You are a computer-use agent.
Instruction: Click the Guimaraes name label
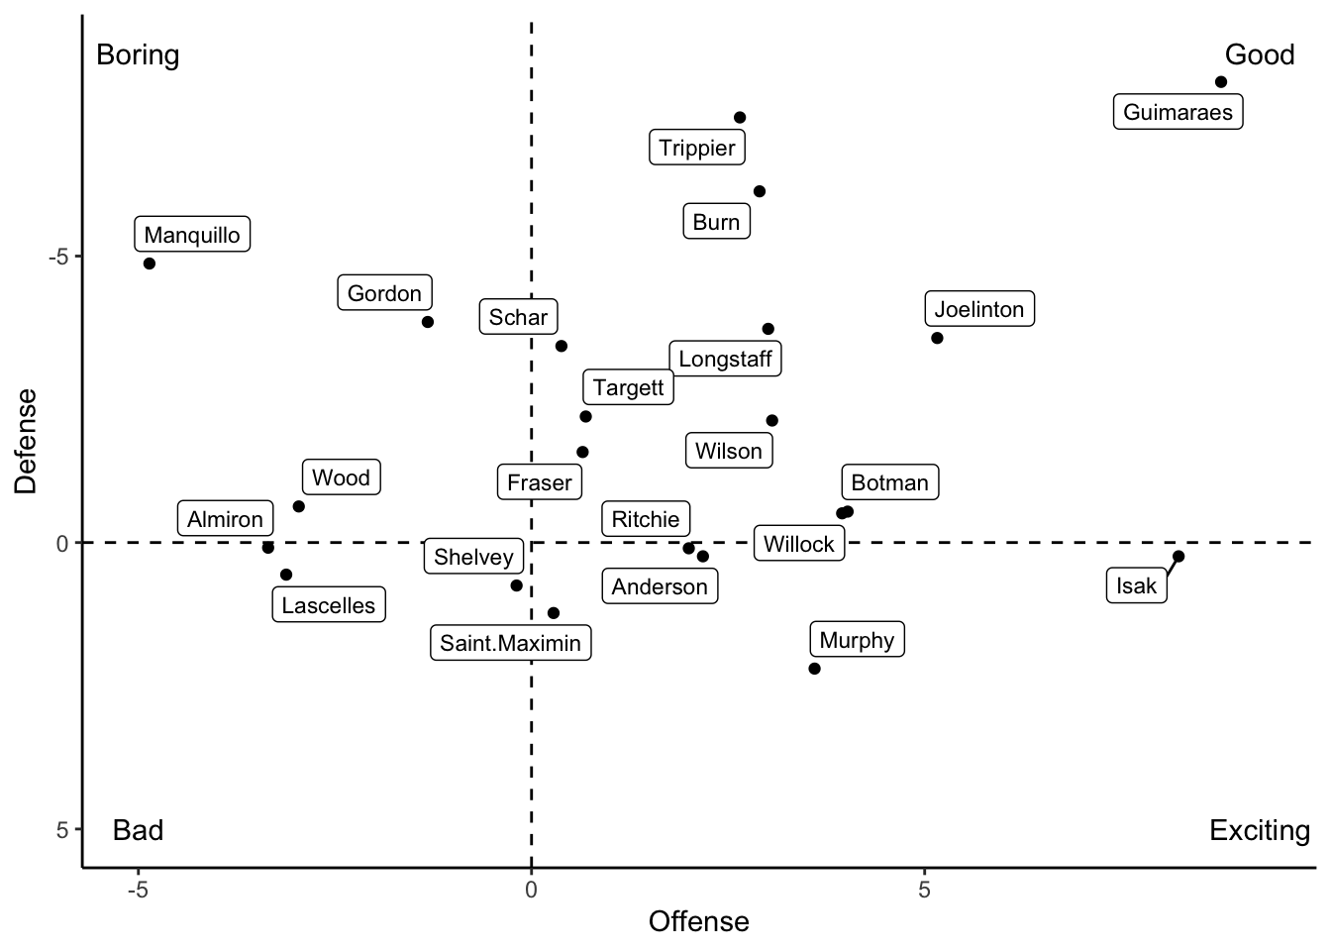coord(1177,112)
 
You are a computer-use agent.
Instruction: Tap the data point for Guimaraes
coord(1221,82)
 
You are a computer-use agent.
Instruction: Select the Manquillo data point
coord(150,264)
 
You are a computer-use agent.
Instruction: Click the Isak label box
coord(1136,585)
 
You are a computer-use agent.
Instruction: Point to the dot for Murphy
coord(814,669)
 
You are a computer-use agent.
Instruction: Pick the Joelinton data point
coord(937,338)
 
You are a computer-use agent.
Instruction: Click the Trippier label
coord(697,148)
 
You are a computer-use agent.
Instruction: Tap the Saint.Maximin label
coord(510,643)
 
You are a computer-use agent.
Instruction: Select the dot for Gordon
coord(428,322)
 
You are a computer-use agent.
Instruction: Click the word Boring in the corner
coord(138,54)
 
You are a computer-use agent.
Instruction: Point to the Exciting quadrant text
coord(1259,830)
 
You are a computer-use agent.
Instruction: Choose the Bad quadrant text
coord(138,830)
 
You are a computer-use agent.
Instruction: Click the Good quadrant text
coord(1259,54)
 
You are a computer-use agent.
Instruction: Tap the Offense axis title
coord(698,922)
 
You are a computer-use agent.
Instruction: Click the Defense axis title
coord(27,441)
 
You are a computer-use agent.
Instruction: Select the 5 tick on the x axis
coord(924,890)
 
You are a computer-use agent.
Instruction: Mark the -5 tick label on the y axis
coord(57,257)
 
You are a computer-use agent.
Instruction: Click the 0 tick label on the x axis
coord(532,890)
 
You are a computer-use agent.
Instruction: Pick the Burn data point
coord(760,191)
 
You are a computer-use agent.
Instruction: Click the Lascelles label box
coord(329,605)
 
